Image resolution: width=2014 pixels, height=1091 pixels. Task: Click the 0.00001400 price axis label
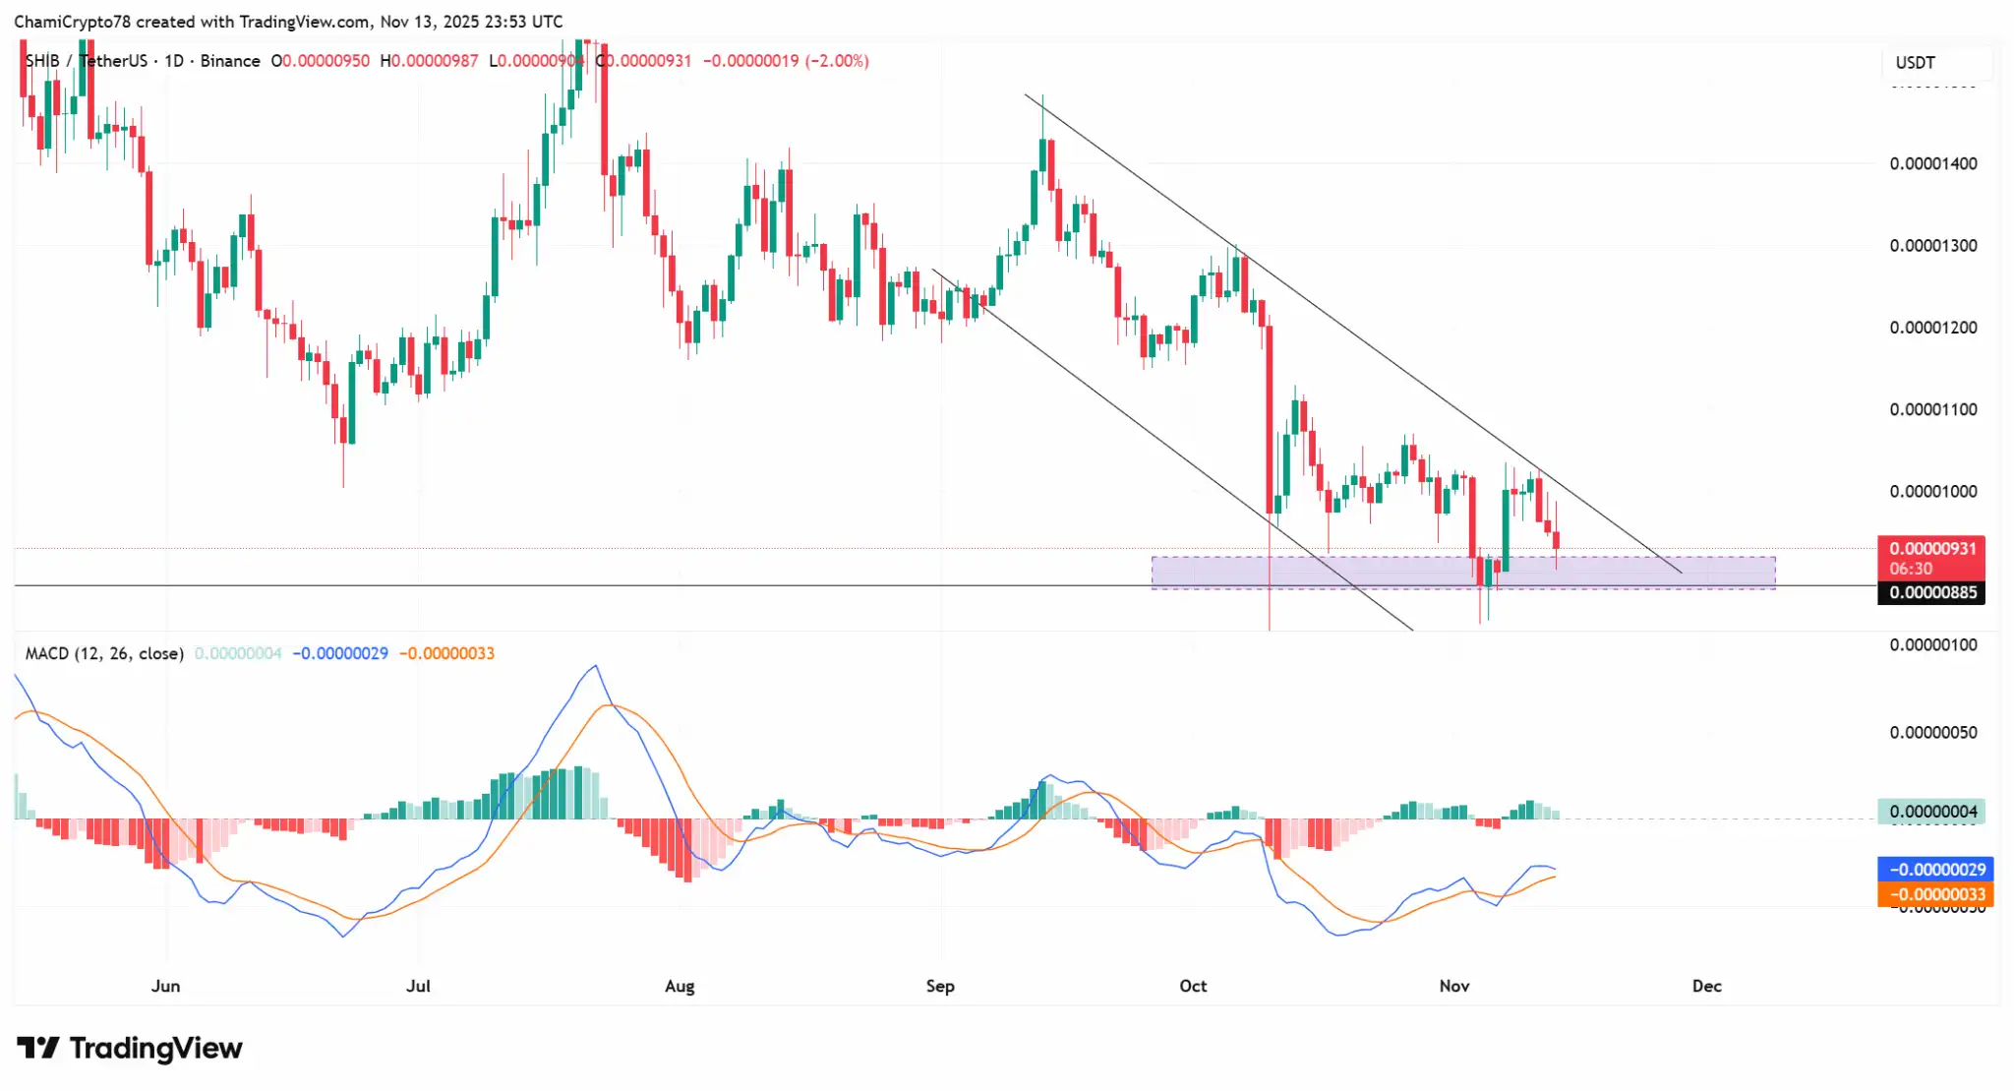1932,163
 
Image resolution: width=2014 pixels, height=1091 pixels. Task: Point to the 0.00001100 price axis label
1932,409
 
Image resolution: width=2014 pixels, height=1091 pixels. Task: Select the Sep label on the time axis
940,986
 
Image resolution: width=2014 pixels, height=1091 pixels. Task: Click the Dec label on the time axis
1706,986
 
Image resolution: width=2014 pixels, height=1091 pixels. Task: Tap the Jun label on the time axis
165,986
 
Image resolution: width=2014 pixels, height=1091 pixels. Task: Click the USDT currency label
1915,63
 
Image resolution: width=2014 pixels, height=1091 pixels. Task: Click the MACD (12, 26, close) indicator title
104,653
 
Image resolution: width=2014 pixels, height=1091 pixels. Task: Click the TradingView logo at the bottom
130,1049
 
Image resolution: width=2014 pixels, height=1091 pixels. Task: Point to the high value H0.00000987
429,61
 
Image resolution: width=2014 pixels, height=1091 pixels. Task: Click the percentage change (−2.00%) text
837,61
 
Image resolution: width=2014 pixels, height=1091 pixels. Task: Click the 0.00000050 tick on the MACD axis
1932,733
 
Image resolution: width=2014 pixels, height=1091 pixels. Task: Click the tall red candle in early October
1269,413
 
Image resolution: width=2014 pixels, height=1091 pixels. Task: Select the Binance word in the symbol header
230,61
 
